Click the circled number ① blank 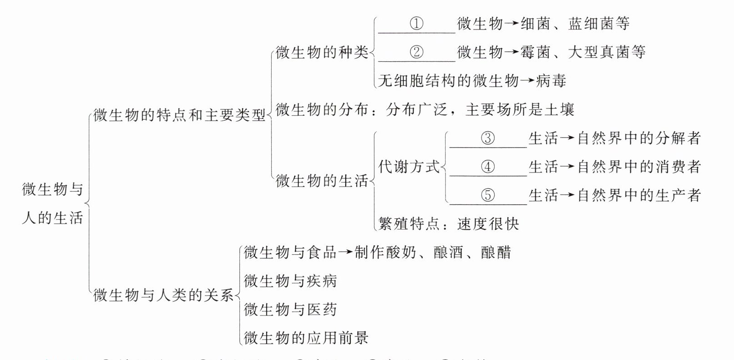click(417, 24)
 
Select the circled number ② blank click(417, 52)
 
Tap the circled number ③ click(488, 138)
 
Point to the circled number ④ click(488, 167)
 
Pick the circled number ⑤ click(488, 195)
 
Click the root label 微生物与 click(52, 189)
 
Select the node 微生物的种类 click(322, 53)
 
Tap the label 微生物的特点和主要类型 click(179, 115)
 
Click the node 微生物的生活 click(322, 181)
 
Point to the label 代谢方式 click(409, 167)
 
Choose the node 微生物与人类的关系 click(164, 296)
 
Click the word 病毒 click(551, 81)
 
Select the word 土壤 click(560, 110)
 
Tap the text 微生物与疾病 click(290, 281)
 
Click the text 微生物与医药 click(290, 310)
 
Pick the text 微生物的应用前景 click(306, 338)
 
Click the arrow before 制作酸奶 click(346, 252)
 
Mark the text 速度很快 click(488, 224)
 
